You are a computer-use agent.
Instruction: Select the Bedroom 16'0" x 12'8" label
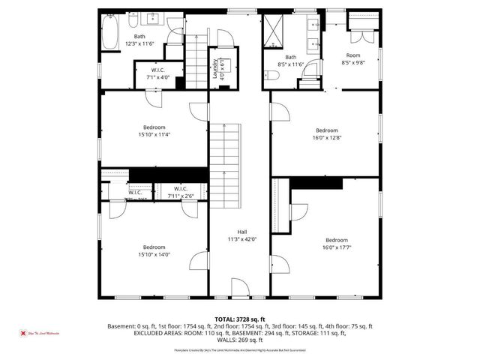point(326,133)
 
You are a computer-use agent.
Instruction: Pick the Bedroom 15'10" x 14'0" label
point(154,251)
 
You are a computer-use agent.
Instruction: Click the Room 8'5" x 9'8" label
point(352,59)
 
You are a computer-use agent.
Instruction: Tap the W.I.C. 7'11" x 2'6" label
point(180,192)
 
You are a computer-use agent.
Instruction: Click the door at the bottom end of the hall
point(238,286)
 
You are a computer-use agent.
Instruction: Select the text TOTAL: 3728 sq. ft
point(239,319)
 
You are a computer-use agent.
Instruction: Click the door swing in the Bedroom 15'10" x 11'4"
point(198,111)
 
